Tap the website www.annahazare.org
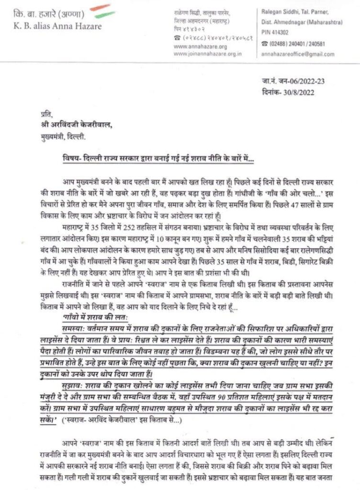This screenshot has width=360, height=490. click(194, 47)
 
